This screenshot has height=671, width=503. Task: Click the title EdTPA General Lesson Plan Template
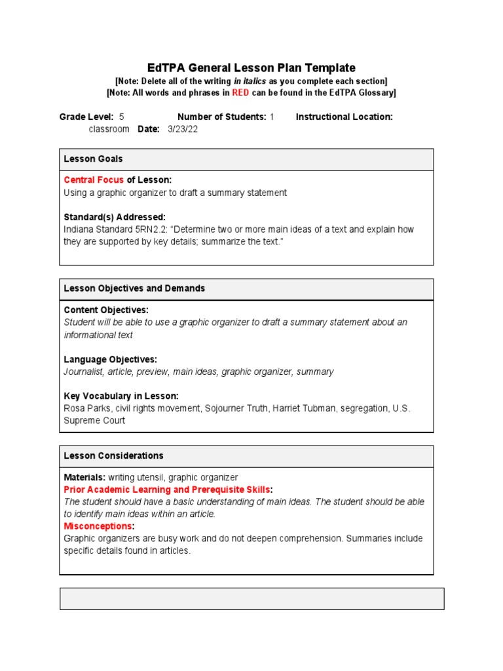point(251,67)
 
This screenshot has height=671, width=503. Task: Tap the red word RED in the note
point(240,93)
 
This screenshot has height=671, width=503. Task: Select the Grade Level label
point(86,117)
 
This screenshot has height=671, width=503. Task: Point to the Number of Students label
point(221,117)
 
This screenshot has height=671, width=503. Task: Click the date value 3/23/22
point(183,129)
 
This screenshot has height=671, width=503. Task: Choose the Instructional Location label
point(344,117)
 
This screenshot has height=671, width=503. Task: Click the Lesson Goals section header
point(93,159)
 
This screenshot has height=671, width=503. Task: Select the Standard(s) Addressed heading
point(115,217)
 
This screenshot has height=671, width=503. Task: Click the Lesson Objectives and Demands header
point(134,288)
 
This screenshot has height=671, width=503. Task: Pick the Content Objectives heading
point(106,310)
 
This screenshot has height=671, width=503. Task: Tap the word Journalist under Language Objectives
point(84,372)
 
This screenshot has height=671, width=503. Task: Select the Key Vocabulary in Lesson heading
point(121,396)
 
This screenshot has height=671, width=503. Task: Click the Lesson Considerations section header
point(113,455)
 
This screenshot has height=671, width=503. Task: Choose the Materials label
point(84,478)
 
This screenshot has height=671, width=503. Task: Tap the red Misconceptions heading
point(98,526)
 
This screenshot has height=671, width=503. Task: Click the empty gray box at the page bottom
point(251,598)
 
